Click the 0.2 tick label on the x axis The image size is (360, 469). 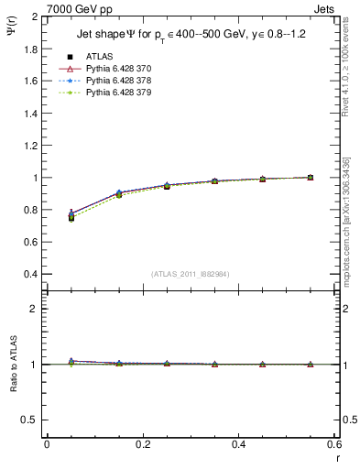pyautogui.click(x=142, y=444)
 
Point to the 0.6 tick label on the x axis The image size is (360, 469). pyautogui.click(x=333, y=444)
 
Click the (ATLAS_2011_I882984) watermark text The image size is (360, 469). pyautogui.click(x=191, y=274)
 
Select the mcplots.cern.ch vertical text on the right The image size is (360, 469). pyautogui.click(x=348, y=229)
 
